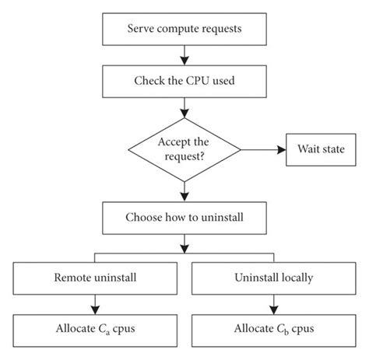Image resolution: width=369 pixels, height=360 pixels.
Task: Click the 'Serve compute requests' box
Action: (183, 30)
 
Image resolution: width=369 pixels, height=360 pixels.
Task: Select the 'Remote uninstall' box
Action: (96, 276)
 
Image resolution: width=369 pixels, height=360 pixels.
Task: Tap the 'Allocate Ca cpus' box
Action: (96, 327)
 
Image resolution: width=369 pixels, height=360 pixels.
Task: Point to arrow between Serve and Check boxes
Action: (183, 54)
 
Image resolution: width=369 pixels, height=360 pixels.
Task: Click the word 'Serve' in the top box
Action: (142, 30)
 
